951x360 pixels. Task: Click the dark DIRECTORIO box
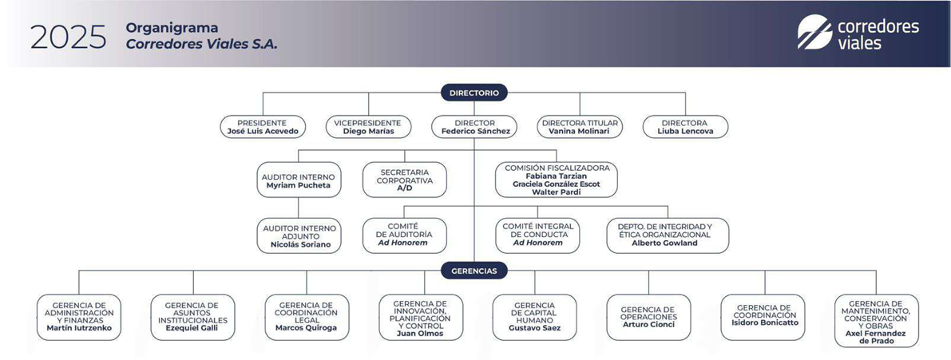(x=474, y=93)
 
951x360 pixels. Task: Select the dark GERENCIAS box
(x=474, y=271)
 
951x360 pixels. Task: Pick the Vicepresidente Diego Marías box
(x=368, y=127)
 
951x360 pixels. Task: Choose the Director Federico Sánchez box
(x=475, y=127)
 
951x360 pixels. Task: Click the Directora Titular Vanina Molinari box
(x=580, y=127)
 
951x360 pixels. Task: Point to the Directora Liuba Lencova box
(x=685, y=127)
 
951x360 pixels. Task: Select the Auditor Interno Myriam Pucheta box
(x=299, y=180)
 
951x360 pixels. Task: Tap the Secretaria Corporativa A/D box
(x=404, y=180)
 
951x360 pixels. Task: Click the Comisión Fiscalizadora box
(x=557, y=180)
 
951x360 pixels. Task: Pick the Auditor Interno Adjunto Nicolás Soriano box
(x=299, y=236)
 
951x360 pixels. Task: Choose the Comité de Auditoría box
(x=404, y=235)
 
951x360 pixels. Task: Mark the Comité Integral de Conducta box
(x=537, y=235)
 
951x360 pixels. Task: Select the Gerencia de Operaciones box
(x=648, y=317)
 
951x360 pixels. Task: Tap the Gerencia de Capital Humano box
(x=534, y=317)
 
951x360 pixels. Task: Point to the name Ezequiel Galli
(x=192, y=328)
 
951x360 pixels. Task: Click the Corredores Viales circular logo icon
(x=814, y=33)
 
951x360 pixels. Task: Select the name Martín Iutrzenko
(x=79, y=328)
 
